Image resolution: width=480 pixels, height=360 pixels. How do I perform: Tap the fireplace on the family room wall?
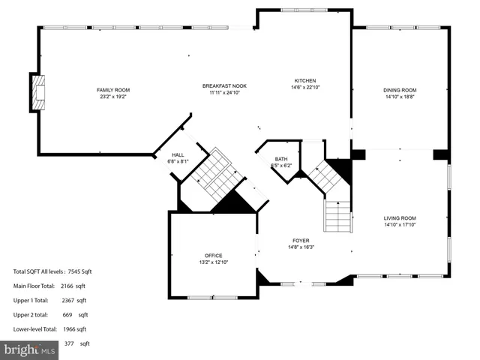tap(38, 89)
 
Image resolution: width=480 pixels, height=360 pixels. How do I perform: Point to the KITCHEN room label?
tap(304, 81)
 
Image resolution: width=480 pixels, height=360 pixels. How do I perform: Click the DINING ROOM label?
tap(400, 90)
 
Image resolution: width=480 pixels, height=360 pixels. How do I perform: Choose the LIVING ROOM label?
tap(400, 217)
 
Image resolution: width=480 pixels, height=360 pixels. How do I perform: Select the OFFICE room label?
tap(214, 256)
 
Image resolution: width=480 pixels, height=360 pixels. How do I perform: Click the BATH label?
tap(281, 159)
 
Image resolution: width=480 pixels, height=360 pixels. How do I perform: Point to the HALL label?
tap(178, 154)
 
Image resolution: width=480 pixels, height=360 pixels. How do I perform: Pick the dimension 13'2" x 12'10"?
tap(214, 262)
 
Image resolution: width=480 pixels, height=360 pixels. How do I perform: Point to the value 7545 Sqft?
tap(79, 271)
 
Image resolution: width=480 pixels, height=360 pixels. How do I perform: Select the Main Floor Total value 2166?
tap(73, 286)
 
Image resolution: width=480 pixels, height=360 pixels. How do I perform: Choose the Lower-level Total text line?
tap(49, 329)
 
